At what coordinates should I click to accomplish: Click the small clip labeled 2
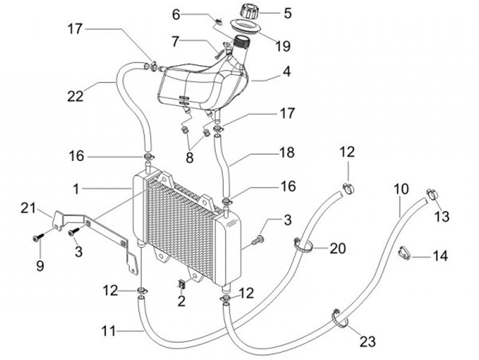180,284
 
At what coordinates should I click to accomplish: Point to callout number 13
442,216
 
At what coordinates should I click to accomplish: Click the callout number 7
175,41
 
